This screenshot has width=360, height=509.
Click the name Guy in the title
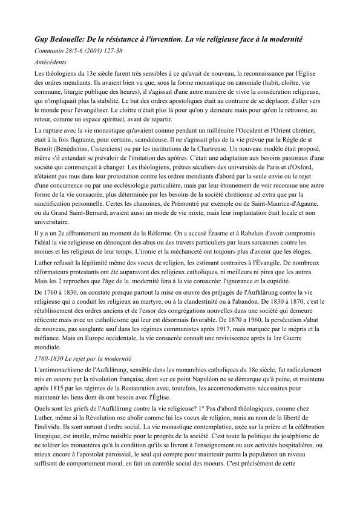tap(44, 39)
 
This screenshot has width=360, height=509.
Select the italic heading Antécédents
tap(51, 61)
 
